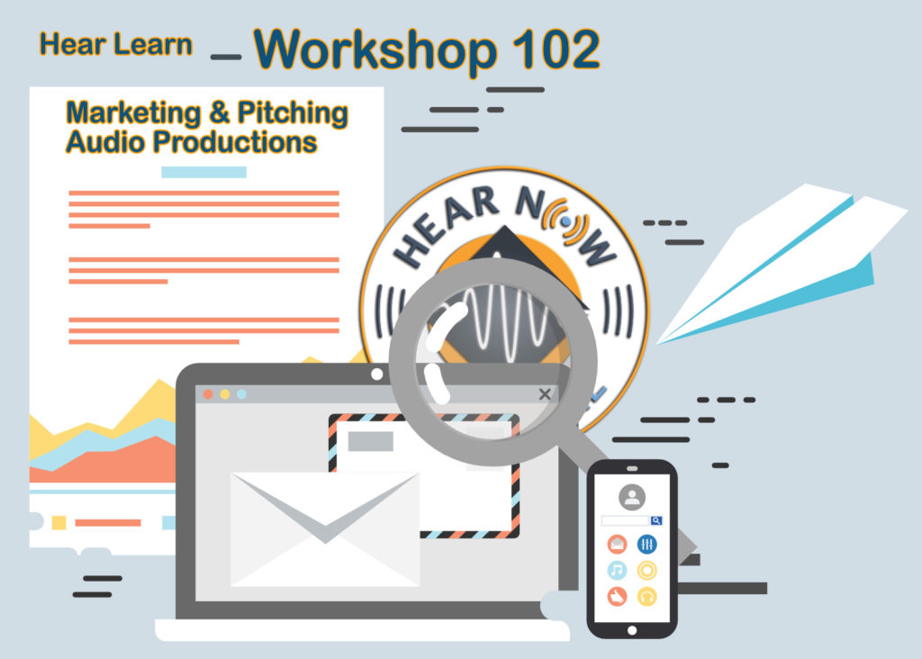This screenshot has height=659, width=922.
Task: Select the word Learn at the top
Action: (x=153, y=45)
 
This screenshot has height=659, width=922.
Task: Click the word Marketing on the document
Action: (x=133, y=113)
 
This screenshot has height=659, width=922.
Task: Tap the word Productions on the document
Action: (x=235, y=141)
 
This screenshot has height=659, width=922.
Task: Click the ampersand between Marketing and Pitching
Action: (x=220, y=113)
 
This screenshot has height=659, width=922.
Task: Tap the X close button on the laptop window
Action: (x=545, y=394)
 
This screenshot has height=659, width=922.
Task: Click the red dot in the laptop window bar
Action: (x=208, y=394)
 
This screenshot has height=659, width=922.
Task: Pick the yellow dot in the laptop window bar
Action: (x=224, y=394)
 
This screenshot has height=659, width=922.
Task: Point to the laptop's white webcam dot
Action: (x=377, y=374)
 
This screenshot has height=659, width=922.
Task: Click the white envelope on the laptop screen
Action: (x=325, y=529)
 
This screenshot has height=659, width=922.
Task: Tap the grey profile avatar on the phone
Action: (x=632, y=497)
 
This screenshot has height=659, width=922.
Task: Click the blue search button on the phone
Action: (x=656, y=521)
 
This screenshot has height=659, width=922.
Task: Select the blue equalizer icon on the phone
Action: (x=646, y=545)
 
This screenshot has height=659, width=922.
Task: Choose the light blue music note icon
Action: (x=617, y=570)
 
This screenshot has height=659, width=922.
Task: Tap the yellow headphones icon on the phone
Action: (x=646, y=597)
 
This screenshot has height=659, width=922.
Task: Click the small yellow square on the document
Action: (x=59, y=523)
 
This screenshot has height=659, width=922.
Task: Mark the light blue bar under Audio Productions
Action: (x=204, y=172)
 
